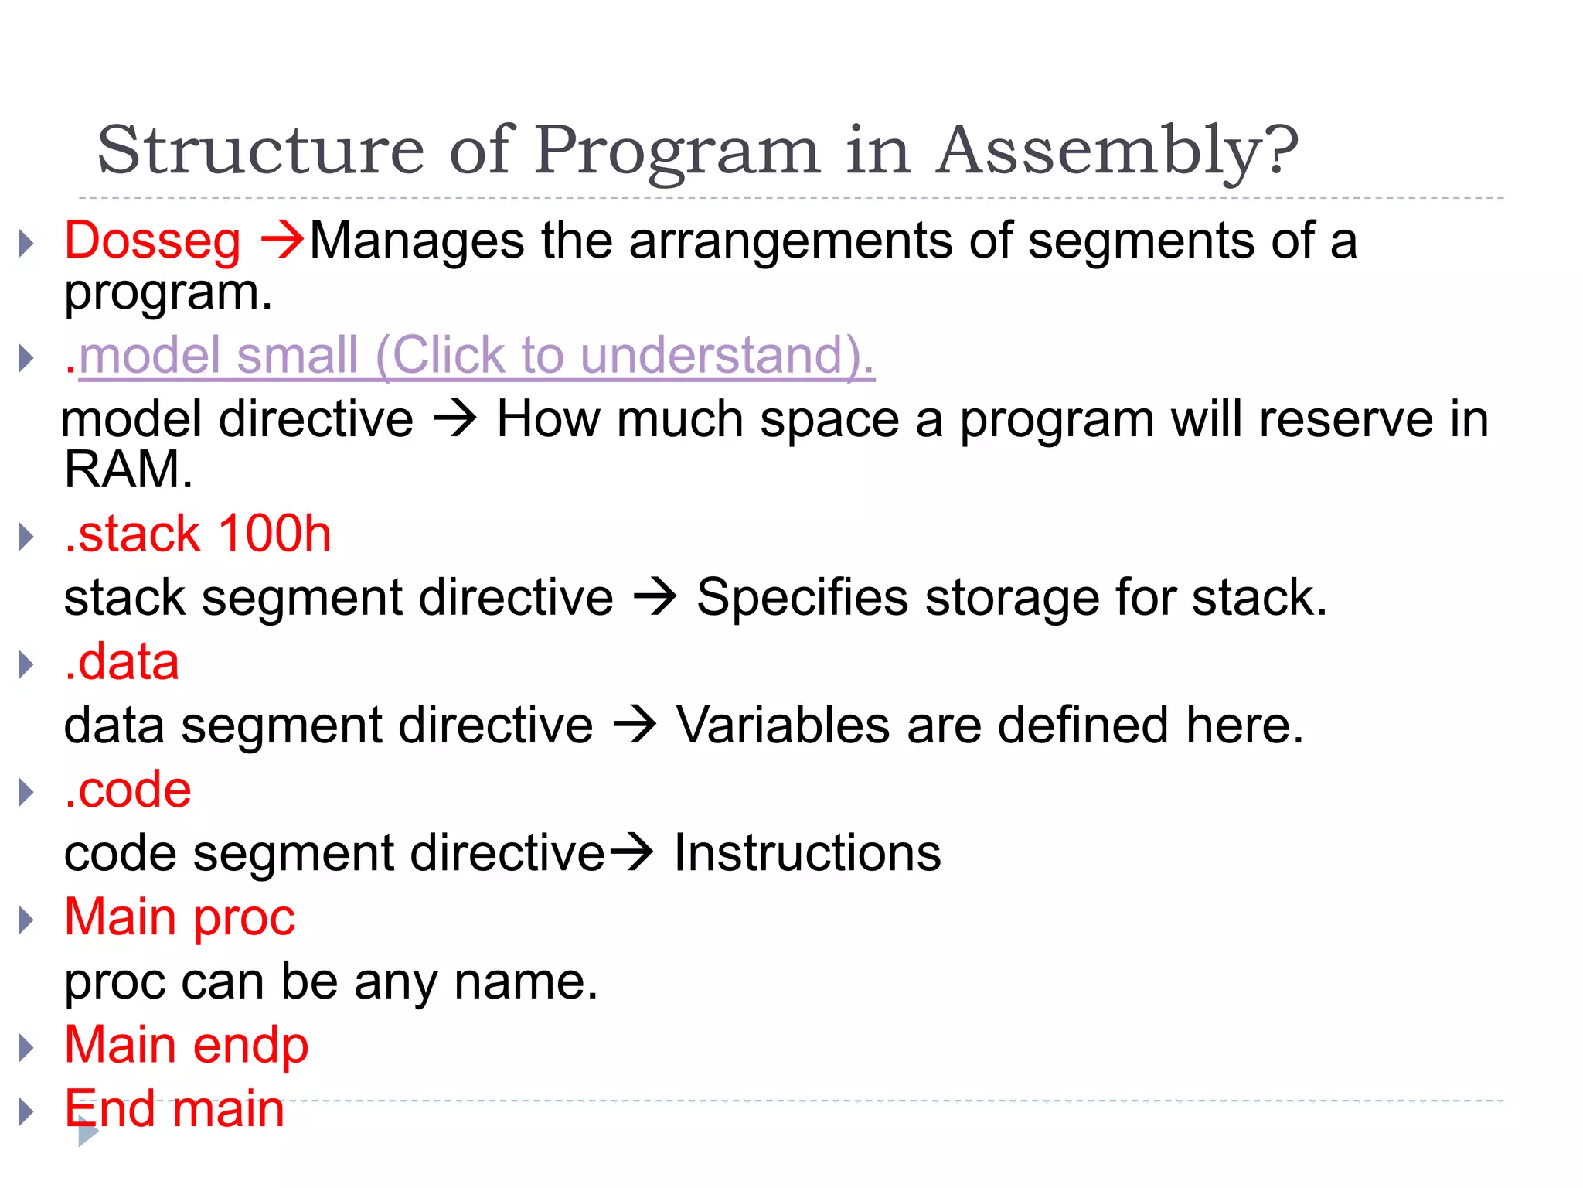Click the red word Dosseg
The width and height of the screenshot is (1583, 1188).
pyautogui.click(x=152, y=241)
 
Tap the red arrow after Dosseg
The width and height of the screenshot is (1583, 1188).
pyautogui.click(x=282, y=240)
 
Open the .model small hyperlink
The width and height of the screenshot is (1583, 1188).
pyautogui.click(x=475, y=356)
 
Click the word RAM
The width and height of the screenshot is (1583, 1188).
pyautogui.click(x=127, y=470)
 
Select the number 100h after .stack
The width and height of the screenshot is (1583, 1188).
pyautogui.click(x=274, y=534)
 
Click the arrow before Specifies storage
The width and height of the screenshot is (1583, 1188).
pyautogui.click(x=655, y=598)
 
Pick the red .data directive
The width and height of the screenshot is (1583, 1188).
pyautogui.click(x=122, y=663)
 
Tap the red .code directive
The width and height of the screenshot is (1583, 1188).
pyautogui.click(x=128, y=790)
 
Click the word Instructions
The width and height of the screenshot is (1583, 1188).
pyautogui.click(x=807, y=854)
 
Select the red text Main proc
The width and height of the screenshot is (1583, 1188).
pyautogui.click(x=179, y=918)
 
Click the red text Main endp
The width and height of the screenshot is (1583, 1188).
pyautogui.click(x=186, y=1046)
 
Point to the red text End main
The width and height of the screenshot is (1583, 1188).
pyautogui.click(x=174, y=1109)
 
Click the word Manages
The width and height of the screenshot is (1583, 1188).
pyautogui.click(x=417, y=241)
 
